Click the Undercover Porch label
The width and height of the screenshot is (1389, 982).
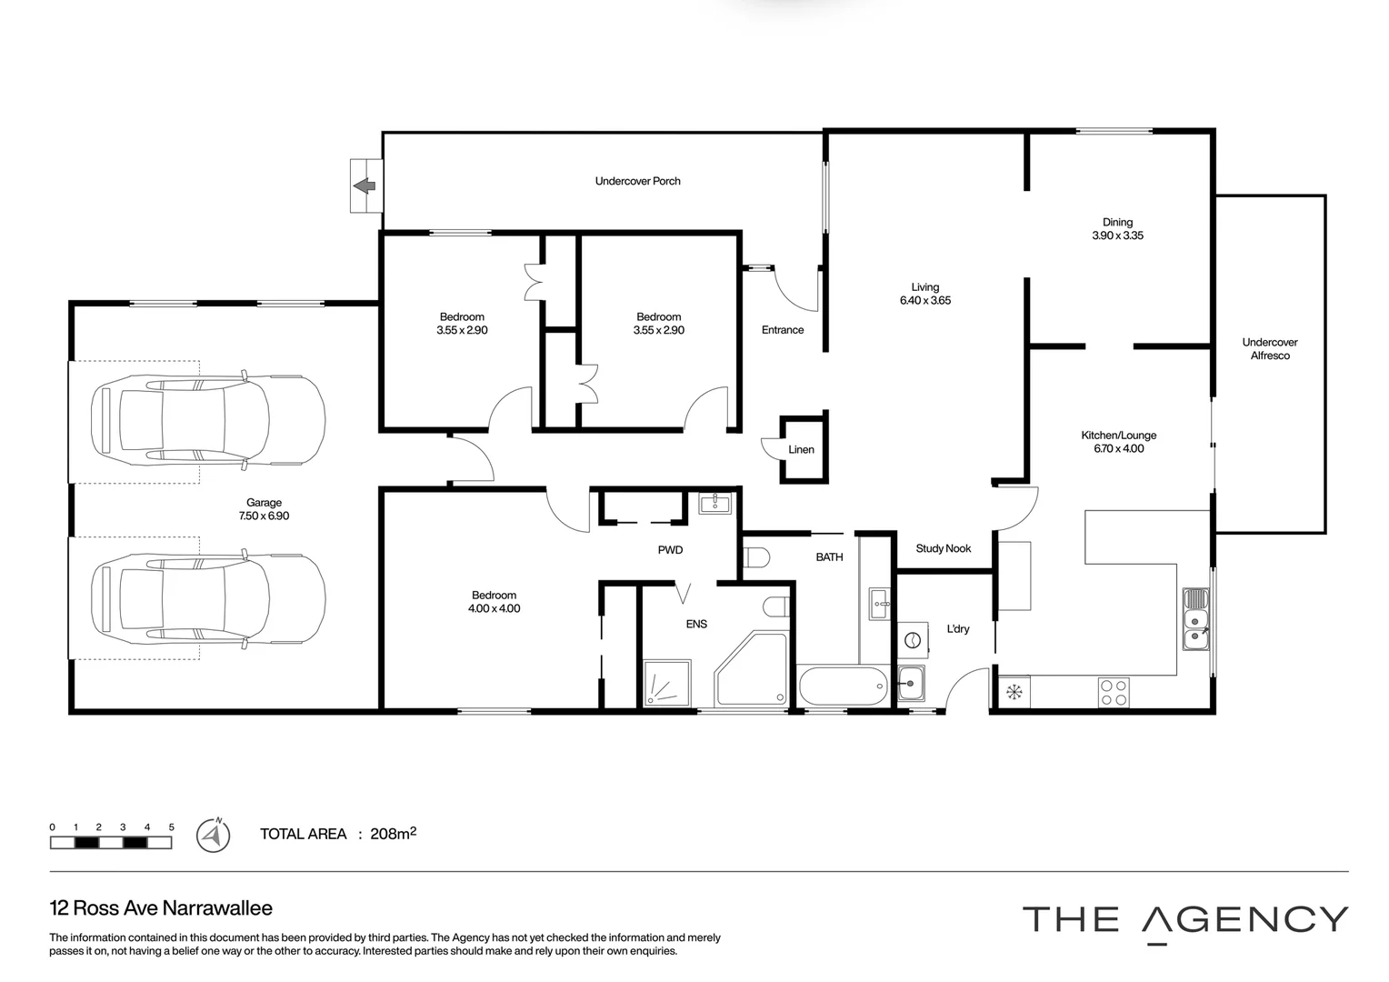tap(637, 181)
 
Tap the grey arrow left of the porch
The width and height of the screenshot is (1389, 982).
tap(365, 186)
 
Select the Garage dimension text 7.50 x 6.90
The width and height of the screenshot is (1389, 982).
tap(264, 516)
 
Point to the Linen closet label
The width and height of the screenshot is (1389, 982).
tap(801, 449)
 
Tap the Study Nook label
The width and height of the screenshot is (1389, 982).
tap(943, 548)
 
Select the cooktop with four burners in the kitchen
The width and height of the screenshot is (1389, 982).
tap(1114, 693)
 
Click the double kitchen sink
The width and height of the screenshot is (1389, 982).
tap(1195, 619)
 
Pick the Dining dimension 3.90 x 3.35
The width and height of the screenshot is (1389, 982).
tap(1117, 235)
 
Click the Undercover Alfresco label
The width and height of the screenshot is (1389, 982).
tap(1269, 349)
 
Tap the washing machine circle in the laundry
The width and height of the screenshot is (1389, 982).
tap(912, 640)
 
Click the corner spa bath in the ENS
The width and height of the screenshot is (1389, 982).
tap(751, 669)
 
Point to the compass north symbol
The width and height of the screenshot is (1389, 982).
tap(213, 835)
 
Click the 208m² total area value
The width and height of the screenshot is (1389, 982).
tap(393, 833)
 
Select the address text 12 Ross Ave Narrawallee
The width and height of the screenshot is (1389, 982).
tap(161, 907)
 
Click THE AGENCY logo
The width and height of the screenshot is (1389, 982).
tap(1184, 920)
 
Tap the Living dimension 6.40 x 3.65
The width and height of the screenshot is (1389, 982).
tap(924, 301)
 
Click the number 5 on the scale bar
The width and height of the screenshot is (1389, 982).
tap(171, 827)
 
